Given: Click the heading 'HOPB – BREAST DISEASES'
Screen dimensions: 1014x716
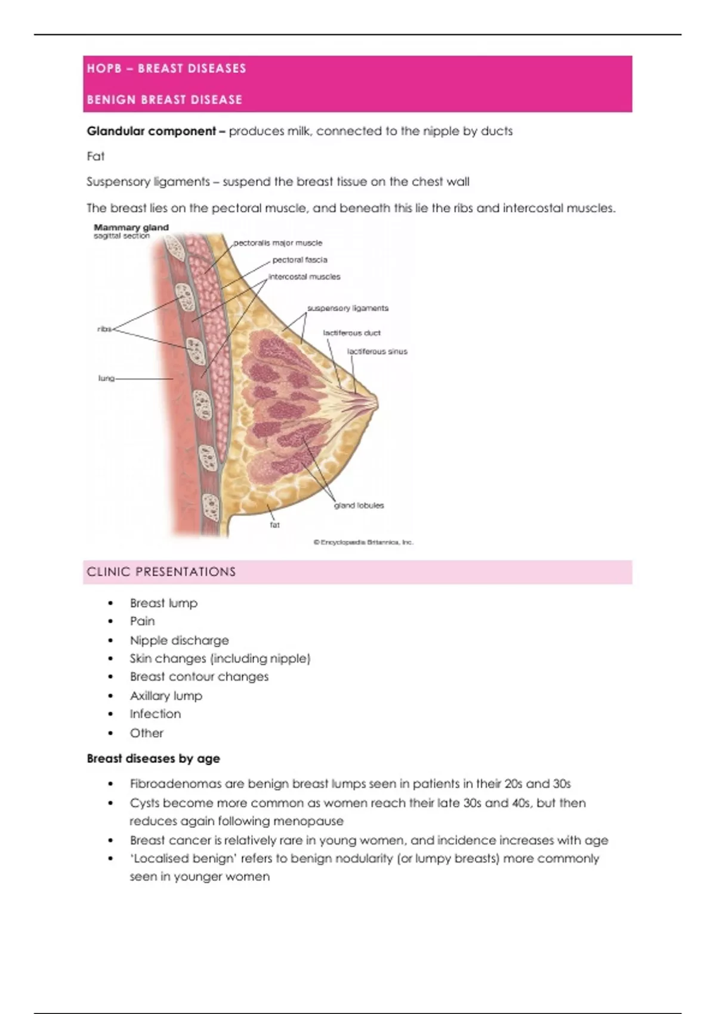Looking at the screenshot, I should [166, 69].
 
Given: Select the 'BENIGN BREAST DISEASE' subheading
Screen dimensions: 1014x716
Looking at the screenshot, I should [165, 100].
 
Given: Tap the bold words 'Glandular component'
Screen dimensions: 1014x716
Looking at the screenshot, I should [151, 131].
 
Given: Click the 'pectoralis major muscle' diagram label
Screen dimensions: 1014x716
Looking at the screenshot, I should [277, 243].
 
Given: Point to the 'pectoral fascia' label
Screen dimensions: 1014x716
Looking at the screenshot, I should [300, 259].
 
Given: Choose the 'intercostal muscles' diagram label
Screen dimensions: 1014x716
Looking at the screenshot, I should [304, 277].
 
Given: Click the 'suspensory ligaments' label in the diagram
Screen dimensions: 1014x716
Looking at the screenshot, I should [347, 308].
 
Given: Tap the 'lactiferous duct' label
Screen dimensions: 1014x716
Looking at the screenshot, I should [351, 333].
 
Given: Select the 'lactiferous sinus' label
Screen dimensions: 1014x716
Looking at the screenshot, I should [377, 351].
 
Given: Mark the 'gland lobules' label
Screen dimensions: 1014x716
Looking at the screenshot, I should [359, 505].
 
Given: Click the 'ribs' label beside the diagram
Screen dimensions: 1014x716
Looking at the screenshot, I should [104, 329].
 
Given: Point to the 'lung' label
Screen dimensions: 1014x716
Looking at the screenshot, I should [106, 378].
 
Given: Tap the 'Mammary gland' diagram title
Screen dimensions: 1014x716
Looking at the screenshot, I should [131, 227].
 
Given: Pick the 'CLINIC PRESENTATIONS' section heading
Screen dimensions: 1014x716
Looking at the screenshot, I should [161, 572].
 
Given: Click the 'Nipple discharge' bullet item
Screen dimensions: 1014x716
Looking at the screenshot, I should [179, 640].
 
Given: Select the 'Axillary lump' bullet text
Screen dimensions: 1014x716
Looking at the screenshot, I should [166, 695].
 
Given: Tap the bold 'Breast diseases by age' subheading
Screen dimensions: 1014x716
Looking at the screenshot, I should [153, 759].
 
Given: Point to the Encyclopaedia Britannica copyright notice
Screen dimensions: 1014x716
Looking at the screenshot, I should [363, 542].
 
